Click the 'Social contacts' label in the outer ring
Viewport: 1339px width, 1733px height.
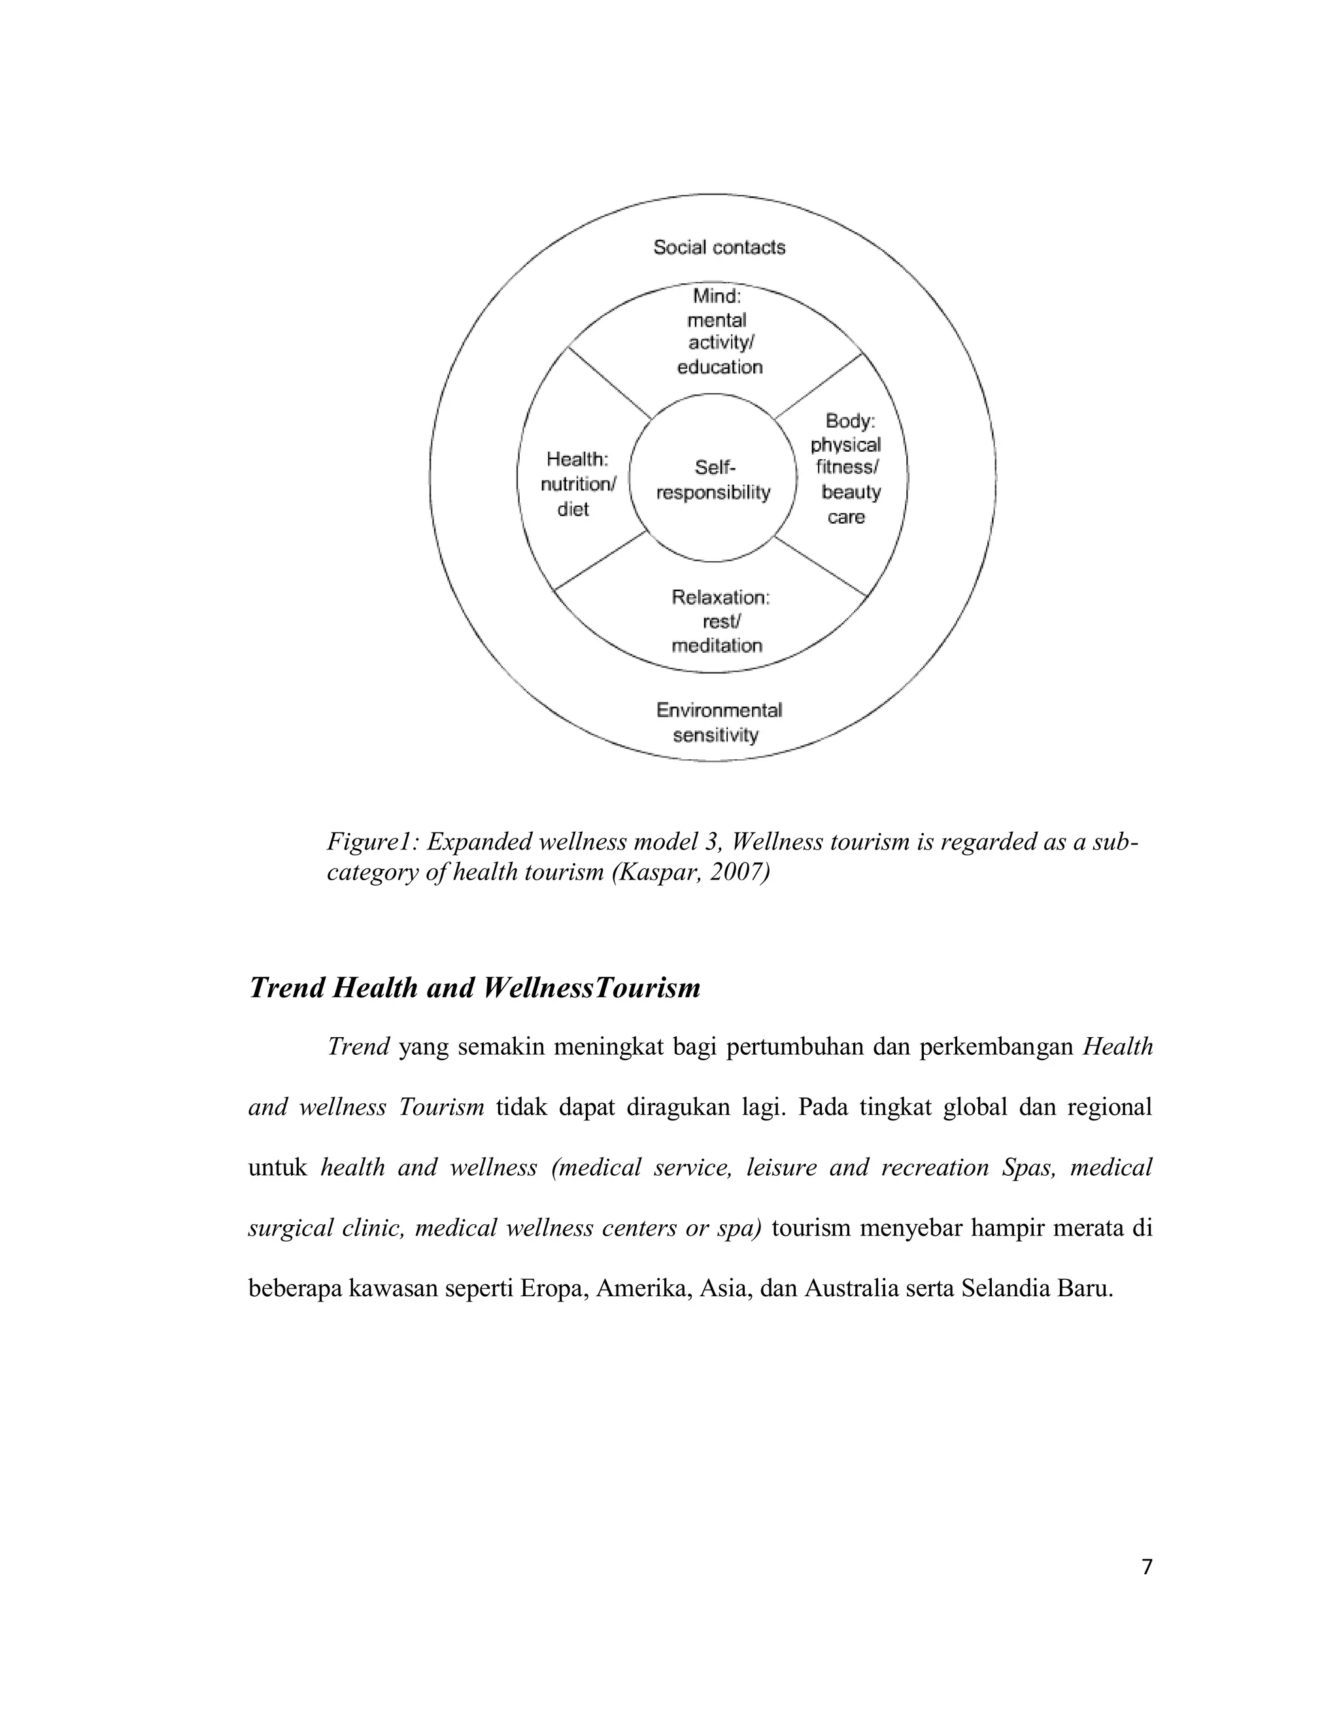[719, 248]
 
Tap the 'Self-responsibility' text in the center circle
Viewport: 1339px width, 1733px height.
[713, 480]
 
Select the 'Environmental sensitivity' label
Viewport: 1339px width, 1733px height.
[718, 722]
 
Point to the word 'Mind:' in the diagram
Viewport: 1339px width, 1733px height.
[717, 296]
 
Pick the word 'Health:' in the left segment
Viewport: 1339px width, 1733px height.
[577, 460]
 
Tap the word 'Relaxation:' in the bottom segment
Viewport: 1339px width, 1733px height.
[720, 598]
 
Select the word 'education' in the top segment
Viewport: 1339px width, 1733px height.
[719, 367]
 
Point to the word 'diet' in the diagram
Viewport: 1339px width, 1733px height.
[573, 509]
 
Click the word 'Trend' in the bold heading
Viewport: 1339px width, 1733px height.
[286, 988]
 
